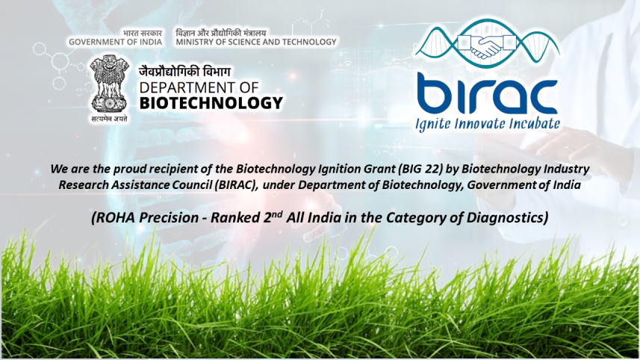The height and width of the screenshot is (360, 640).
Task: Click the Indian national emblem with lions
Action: (109, 84)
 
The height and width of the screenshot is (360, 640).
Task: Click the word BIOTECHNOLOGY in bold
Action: (211, 103)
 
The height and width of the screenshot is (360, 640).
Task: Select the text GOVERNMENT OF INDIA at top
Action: (115, 42)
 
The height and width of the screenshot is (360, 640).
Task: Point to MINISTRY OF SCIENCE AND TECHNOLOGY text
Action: (256, 42)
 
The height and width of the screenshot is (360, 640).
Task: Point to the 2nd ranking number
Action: (270, 217)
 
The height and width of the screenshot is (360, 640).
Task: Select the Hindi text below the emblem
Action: (109, 119)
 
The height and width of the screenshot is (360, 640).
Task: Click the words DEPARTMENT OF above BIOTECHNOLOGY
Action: (199, 87)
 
